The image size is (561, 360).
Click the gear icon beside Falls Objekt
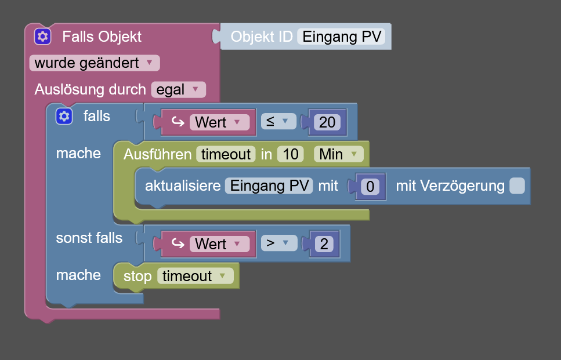(x=42, y=37)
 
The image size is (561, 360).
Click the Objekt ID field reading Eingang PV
(x=342, y=37)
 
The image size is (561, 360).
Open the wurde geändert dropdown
(x=94, y=63)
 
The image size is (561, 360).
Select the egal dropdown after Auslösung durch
(x=178, y=89)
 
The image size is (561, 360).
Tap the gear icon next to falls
(x=64, y=116)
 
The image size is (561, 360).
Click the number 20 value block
(x=327, y=122)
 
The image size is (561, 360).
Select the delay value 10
(x=291, y=154)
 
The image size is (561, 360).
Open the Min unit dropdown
(x=338, y=154)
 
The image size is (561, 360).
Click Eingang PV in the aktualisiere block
(x=269, y=186)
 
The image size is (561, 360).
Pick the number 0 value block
(x=370, y=187)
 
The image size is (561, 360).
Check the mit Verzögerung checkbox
(x=517, y=186)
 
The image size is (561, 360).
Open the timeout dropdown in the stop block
(x=195, y=276)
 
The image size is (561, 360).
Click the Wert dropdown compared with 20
(x=218, y=122)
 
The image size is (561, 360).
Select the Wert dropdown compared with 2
(x=218, y=244)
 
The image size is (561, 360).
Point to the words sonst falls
(x=89, y=238)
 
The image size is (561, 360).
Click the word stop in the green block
(x=137, y=276)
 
